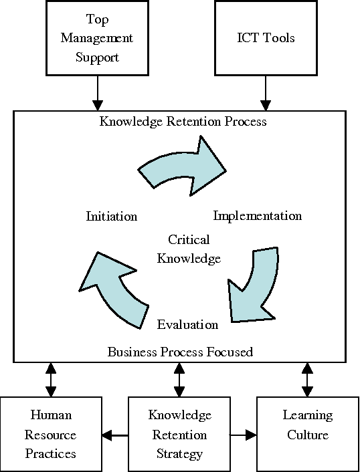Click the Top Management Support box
97,37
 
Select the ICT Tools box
265,37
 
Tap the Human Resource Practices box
51,435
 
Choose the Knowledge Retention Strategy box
179,435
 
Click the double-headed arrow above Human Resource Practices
51,379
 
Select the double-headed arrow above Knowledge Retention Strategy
179,379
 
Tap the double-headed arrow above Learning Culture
308,379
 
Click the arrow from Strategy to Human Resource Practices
115,436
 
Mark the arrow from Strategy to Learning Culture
244,436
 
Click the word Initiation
112,216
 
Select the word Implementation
257,216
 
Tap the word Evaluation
187,325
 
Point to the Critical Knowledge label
189,249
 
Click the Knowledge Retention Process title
183,122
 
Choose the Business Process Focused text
180,352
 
